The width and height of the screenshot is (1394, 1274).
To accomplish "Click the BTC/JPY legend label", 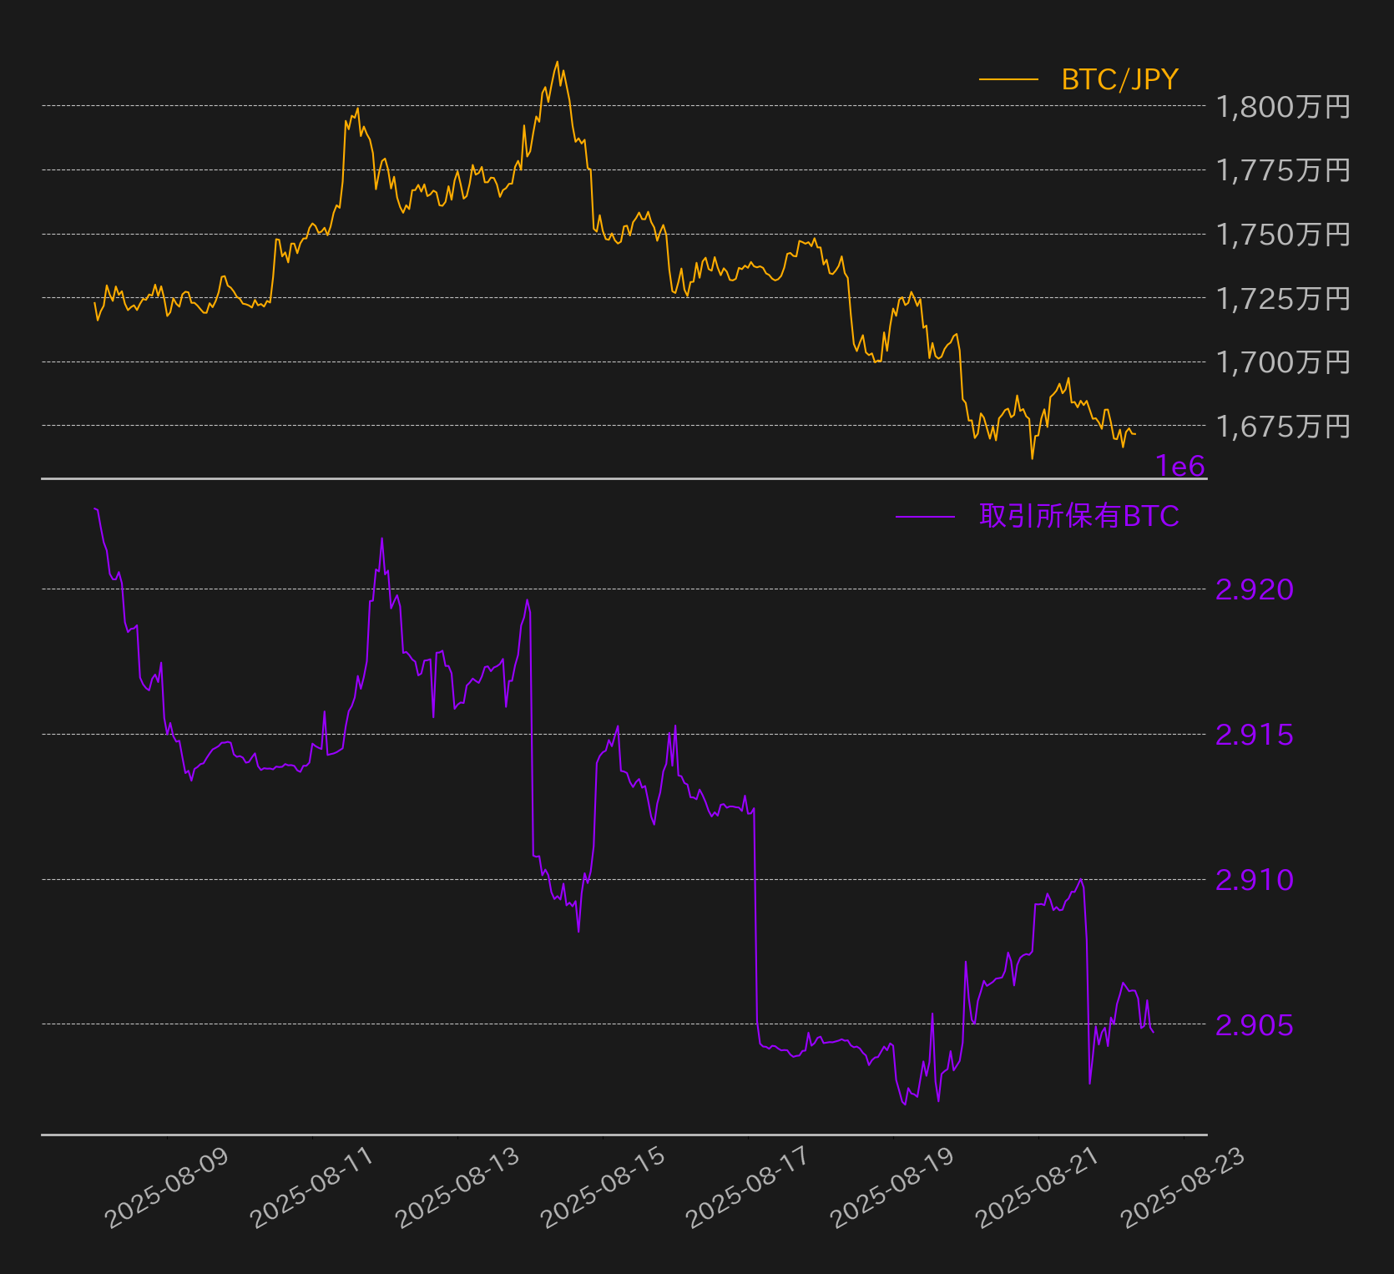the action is tap(1119, 79).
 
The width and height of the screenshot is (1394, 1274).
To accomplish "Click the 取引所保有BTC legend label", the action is tap(1079, 516).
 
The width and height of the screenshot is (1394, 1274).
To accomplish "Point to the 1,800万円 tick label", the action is tap(1283, 107).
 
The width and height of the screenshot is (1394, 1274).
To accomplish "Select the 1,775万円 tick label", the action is tap(1283, 170).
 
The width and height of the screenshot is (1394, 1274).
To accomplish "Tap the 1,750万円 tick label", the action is tap(1283, 235).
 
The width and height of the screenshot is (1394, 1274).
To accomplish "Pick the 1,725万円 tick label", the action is tap(1283, 298).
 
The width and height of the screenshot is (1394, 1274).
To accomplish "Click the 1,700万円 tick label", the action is tap(1283, 362).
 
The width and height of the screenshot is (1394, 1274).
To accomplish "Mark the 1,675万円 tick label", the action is tap(1283, 426).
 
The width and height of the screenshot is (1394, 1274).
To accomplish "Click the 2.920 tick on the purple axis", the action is tap(1255, 589).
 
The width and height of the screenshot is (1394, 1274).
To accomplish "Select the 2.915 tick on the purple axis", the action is tap(1255, 735).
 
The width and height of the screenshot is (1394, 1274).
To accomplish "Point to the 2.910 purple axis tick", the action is tap(1255, 880).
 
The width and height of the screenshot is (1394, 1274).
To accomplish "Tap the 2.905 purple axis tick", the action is tap(1255, 1025).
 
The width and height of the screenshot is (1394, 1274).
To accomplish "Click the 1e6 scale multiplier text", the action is tap(1180, 466).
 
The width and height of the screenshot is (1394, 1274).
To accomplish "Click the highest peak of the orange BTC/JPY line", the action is tap(557, 61).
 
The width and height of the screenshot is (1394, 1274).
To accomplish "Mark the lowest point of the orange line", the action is tap(1032, 458).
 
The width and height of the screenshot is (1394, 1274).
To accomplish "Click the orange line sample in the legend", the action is tap(1008, 80).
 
